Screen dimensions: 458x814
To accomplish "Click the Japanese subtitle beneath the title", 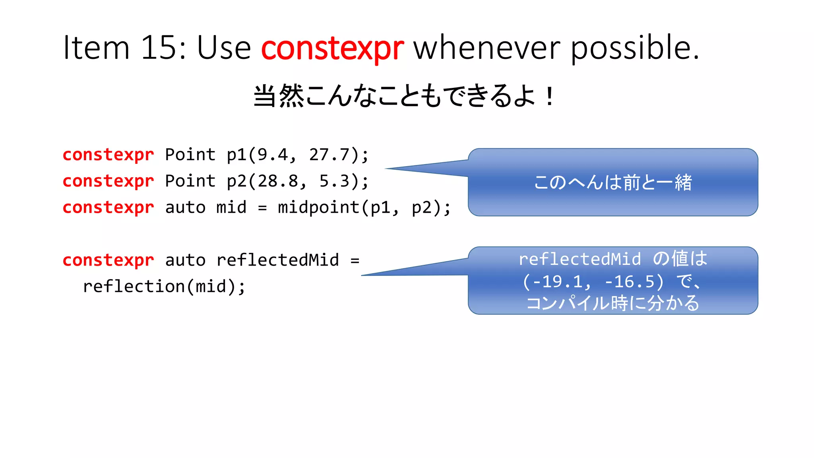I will click(403, 96).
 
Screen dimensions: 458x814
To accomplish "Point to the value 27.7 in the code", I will click(329, 155).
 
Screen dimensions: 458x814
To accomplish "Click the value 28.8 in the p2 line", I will click(277, 181).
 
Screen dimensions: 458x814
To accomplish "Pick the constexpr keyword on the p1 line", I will click(108, 155).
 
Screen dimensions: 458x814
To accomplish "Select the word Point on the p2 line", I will click(190, 181).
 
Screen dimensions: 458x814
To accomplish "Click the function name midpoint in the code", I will click(318, 208).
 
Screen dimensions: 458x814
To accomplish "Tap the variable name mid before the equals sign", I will click(231, 208).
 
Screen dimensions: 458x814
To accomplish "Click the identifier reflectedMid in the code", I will click(277, 260).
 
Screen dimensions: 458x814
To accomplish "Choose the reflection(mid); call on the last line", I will click(164, 287).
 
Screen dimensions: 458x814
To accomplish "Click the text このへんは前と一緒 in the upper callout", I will click(612, 182).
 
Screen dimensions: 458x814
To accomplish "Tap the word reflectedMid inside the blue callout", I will click(580, 259).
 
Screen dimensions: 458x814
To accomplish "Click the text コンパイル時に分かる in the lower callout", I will click(612, 303).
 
